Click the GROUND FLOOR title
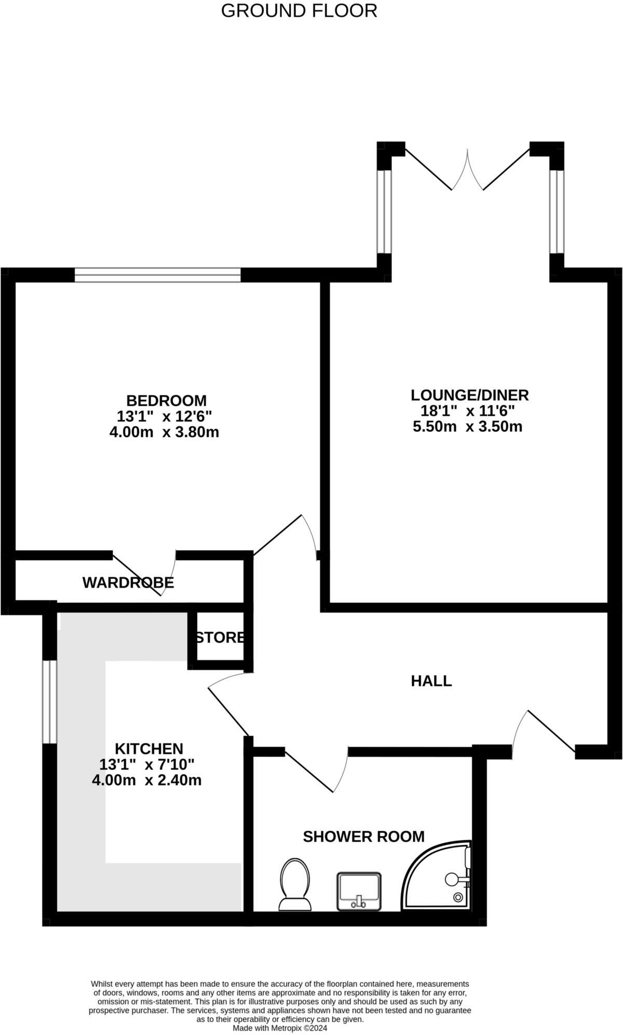tap(299, 10)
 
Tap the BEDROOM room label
tap(166, 401)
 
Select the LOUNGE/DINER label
tap(469, 395)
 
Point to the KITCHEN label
tap(148, 749)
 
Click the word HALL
tap(431, 681)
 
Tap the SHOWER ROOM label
tap(363, 837)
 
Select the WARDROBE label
tap(128, 582)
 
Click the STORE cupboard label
tap(220, 637)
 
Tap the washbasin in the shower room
tap(359, 892)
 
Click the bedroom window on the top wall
tap(157, 274)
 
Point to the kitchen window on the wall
tap(49, 701)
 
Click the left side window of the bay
tap(384, 211)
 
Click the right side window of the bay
tap(557, 211)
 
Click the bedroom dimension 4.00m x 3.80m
tap(164, 432)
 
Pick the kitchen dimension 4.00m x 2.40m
tap(146, 780)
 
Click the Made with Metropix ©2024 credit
tap(280, 1028)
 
